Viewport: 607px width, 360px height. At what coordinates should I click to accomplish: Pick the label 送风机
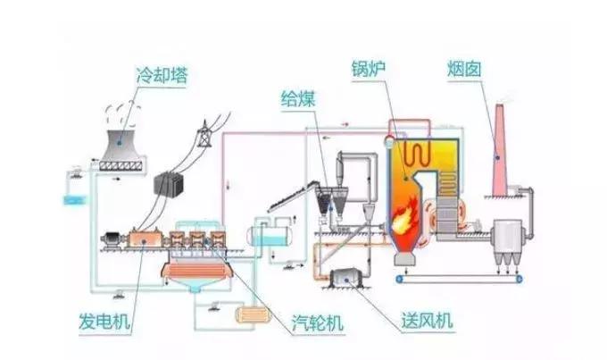[428, 320]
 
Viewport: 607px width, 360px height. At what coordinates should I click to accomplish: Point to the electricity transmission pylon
[203, 134]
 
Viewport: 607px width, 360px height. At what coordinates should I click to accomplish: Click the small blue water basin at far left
[71, 198]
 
